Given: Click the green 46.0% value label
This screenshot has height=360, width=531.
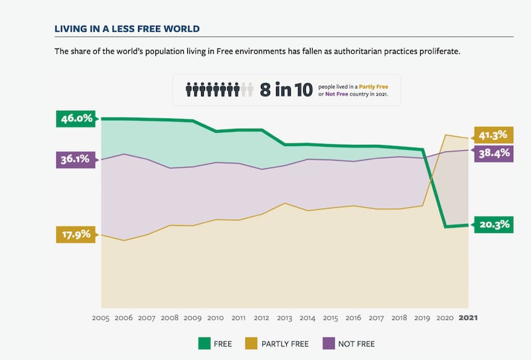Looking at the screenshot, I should point(76,119).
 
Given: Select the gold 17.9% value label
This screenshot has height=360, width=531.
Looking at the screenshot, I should point(76,235).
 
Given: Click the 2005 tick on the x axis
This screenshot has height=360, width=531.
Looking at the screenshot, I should point(100,318).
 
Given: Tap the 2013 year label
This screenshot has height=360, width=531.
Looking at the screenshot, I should point(284,318).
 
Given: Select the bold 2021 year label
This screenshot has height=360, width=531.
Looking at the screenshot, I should point(468,318).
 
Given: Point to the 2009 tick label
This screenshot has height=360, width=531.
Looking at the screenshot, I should point(192,318).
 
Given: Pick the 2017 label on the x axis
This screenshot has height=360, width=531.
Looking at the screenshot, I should point(376,318).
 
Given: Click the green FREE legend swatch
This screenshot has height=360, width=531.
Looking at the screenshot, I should point(205,343).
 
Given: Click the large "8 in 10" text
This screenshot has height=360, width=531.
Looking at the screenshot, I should point(286,90).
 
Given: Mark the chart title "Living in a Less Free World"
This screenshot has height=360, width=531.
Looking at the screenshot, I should point(127,29).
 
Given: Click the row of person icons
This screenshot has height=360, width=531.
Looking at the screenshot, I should point(219,90).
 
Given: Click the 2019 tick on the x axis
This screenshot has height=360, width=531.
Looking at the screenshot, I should point(422,318).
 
